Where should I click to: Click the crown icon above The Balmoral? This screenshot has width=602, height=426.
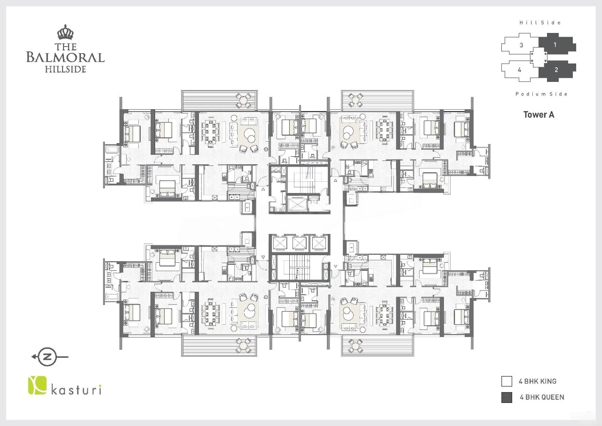(65, 32)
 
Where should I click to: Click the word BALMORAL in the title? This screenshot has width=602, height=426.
(65, 57)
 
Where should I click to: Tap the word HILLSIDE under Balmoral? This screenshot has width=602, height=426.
(65, 69)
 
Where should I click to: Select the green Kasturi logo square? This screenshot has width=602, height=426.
(37, 386)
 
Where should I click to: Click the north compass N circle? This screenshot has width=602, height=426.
(48, 357)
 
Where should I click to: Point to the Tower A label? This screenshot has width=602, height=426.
(539, 114)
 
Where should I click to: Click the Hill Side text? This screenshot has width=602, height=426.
(540, 23)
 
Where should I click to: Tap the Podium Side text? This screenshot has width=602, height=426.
(541, 94)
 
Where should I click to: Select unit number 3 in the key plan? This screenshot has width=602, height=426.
(522, 45)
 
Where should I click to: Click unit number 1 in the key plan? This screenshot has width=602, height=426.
(555, 45)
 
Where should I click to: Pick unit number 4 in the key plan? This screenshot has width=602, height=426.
(520, 70)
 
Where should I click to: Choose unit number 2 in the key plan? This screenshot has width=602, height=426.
(556, 70)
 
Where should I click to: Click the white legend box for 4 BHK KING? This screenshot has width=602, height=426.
(507, 381)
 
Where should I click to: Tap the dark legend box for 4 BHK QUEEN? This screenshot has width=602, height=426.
(507, 397)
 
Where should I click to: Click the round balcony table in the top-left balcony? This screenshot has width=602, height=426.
(243, 101)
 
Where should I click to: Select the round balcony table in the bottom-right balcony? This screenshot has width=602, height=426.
(356, 346)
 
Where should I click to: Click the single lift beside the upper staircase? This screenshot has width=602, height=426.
(297, 205)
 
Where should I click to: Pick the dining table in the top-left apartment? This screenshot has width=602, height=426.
(210, 131)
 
